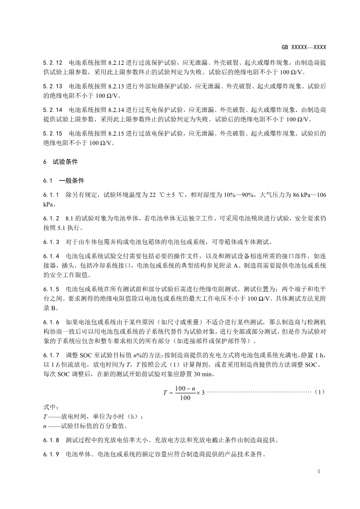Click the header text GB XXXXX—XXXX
[304, 47]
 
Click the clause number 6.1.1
[51, 195]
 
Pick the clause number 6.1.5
[51, 289]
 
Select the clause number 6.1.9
[51, 455]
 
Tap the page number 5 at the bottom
[319, 472]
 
